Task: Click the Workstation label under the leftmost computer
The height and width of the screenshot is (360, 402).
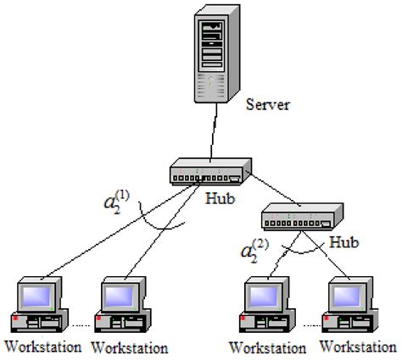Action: pyautogui.click(x=42, y=346)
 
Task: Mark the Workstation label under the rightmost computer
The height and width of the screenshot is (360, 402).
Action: pyautogui.click(x=358, y=347)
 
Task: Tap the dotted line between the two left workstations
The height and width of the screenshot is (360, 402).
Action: pyautogui.click(x=83, y=325)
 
